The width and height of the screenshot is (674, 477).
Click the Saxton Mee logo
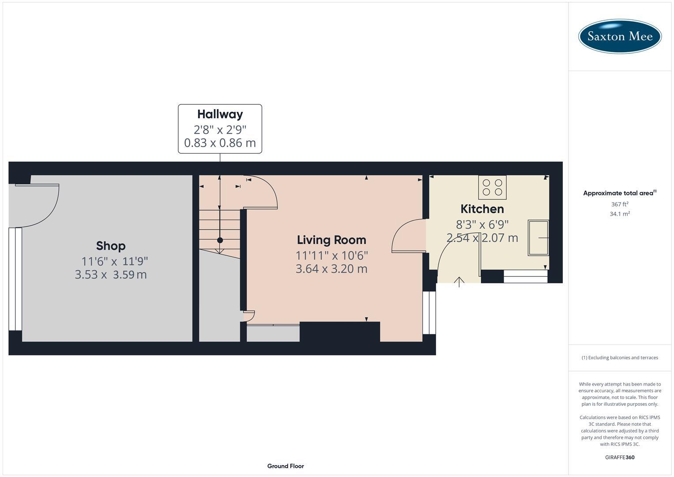coord(620,36)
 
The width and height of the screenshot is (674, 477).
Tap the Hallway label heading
coord(220,114)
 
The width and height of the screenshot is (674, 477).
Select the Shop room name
coord(111,246)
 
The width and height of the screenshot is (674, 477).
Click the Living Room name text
coord(331,240)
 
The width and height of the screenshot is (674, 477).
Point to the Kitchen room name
coord(482,209)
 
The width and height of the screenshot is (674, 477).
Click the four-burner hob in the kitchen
coord(492,187)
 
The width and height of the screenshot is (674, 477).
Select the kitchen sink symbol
coord(538,238)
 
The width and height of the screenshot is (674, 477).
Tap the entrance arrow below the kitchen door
coord(459,282)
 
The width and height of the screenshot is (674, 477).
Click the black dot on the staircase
coord(220,240)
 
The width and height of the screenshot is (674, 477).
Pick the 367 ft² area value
coord(620,204)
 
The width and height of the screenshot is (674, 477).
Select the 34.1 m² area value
coord(620,214)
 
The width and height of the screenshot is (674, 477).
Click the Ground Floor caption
coord(286,466)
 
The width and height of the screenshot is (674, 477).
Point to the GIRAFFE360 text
coord(620,457)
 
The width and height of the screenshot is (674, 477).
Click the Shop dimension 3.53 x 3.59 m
coord(111,275)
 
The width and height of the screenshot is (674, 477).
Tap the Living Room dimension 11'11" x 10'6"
coord(331,255)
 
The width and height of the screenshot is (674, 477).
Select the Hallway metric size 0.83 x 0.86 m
coord(220,143)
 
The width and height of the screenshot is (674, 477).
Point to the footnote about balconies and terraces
coord(620,358)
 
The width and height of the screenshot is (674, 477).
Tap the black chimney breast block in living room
coord(339,332)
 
